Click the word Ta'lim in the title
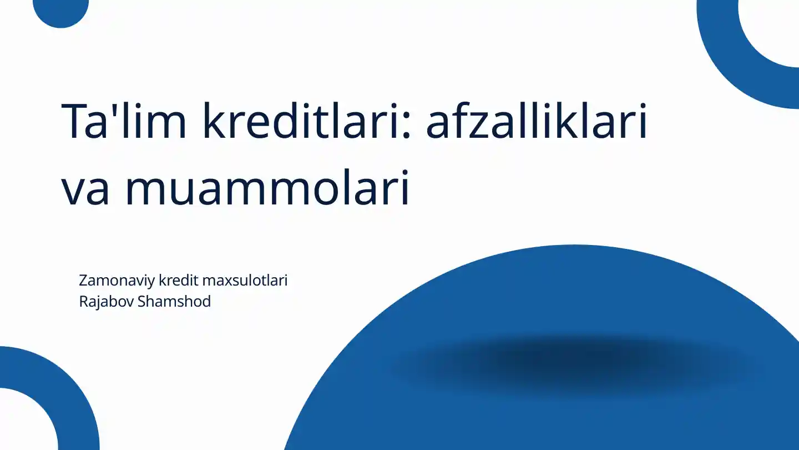point(124,121)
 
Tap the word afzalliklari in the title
point(537,120)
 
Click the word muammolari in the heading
point(267,188)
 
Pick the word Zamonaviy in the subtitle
point(117,281)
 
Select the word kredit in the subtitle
point(178,280)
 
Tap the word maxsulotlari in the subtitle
point(245,280)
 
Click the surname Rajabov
point(107,302)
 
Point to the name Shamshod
point(174,301)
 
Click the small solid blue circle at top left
point(60,11)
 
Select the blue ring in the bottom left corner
point(72,386)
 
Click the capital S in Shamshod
point(141,302)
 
